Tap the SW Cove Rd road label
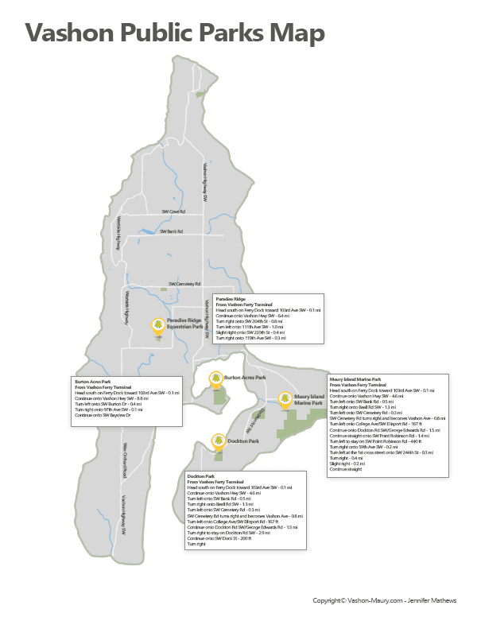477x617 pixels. (173, 211)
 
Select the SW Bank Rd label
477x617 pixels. (172, 231)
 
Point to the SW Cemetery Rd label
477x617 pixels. (184, 283)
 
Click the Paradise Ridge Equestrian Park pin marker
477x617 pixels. (157, 325)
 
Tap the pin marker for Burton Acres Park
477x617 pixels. (214, 378)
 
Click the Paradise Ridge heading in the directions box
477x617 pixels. (227, 297)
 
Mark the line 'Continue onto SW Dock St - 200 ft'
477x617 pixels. (219, 538)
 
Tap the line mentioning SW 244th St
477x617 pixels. (380, 452)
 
